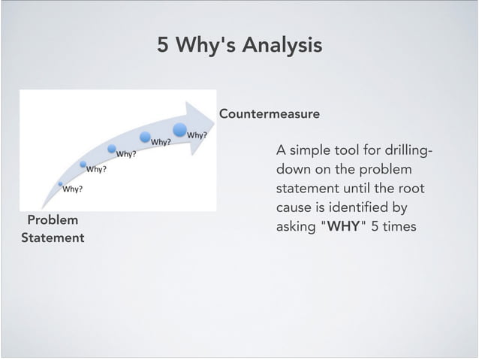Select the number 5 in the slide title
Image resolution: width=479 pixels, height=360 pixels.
[x=163, y=46]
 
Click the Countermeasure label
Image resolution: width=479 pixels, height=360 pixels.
[x=269, y=114]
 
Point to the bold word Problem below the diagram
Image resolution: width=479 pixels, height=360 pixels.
[x=53, y=220]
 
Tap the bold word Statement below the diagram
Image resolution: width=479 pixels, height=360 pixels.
[x=53, y=238]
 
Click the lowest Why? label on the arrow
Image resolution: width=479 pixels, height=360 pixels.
[x=72, y=189]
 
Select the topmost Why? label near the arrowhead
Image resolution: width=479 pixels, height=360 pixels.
[x=197, y=135]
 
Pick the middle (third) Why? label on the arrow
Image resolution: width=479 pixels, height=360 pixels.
[x=125, y=155]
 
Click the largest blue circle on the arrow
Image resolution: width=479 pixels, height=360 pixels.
[x=181, y=129]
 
